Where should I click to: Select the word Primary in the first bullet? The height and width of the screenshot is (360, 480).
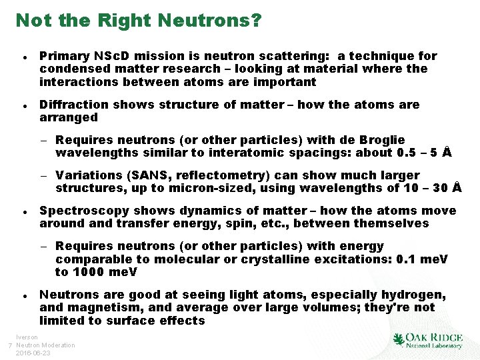62,56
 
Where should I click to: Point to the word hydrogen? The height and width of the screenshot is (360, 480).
408,295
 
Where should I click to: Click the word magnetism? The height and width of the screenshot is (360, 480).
101,307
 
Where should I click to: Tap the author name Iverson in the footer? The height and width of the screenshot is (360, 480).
27,337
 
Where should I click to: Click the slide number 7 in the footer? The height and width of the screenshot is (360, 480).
9,345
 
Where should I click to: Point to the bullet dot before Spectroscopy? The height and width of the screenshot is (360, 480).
24,211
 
